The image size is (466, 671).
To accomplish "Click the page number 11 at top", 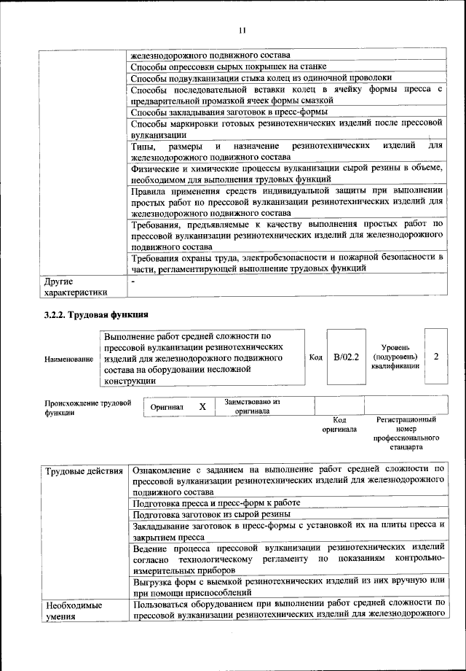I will click(x=242, y=29).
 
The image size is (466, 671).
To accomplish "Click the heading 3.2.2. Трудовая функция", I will click(x=95, y=315).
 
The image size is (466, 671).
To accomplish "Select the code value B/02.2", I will click(x=346, y=357).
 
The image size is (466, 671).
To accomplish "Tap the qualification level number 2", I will click(x=435, y=357).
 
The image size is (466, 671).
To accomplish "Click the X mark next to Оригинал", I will click(x=203, y=406).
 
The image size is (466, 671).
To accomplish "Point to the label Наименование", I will click(x=68, y=359).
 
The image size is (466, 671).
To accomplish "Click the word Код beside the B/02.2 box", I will click(x=315, y=357).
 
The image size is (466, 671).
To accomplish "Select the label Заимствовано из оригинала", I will click(x=252, y=406).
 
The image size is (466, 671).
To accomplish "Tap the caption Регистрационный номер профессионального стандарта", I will click(x=406, y=434).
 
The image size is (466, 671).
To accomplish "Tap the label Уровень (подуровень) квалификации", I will click(x=395, y=357).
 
